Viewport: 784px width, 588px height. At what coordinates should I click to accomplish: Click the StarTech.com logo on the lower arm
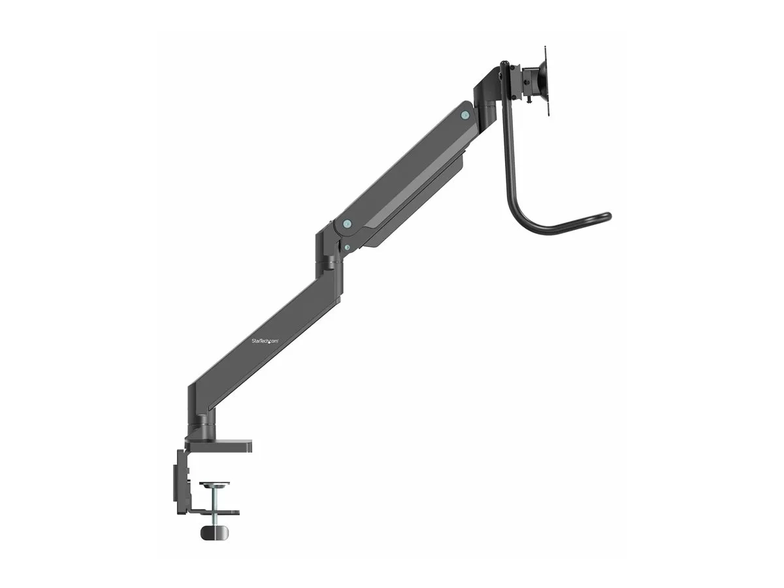265,341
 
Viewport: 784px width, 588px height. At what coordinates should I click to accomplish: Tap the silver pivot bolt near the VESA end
465,114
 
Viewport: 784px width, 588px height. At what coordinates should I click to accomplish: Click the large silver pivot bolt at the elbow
347,224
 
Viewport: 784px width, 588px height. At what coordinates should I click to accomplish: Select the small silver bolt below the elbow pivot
347,247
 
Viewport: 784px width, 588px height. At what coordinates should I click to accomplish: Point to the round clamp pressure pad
214,485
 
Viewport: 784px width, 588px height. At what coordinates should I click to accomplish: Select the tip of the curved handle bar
608,216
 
